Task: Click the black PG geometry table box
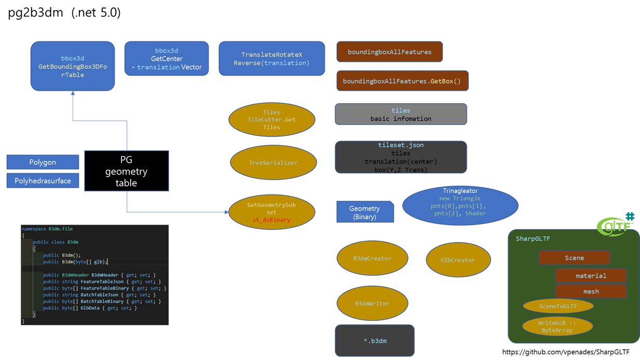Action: tap(127, 171)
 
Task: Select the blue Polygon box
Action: tap(43, 162)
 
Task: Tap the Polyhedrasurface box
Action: tap(43, 181)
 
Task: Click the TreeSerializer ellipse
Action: tap(273, 162)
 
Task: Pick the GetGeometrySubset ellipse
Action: tap(271, 213)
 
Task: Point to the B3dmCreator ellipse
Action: tap(372, 258)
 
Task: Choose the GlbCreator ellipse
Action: tap(457, 260)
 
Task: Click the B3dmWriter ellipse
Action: tap(372, 303)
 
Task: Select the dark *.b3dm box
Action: tap(374, 341)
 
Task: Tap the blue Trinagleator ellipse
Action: tap(460, 205)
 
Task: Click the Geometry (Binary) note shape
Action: tap(365, 212)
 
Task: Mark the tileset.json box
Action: tap(400, 157)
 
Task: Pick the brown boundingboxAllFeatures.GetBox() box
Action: tap(402, 81)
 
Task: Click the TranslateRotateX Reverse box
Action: tap(271, 59)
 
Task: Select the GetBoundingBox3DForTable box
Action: tap(73, 66)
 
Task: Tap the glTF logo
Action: tap(616, 225)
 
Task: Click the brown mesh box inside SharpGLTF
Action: tap(591, 291)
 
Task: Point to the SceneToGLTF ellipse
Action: tap(558, 306)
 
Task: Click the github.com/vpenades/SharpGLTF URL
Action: tap(566, 352)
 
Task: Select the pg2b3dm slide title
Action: tap(64, 13)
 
